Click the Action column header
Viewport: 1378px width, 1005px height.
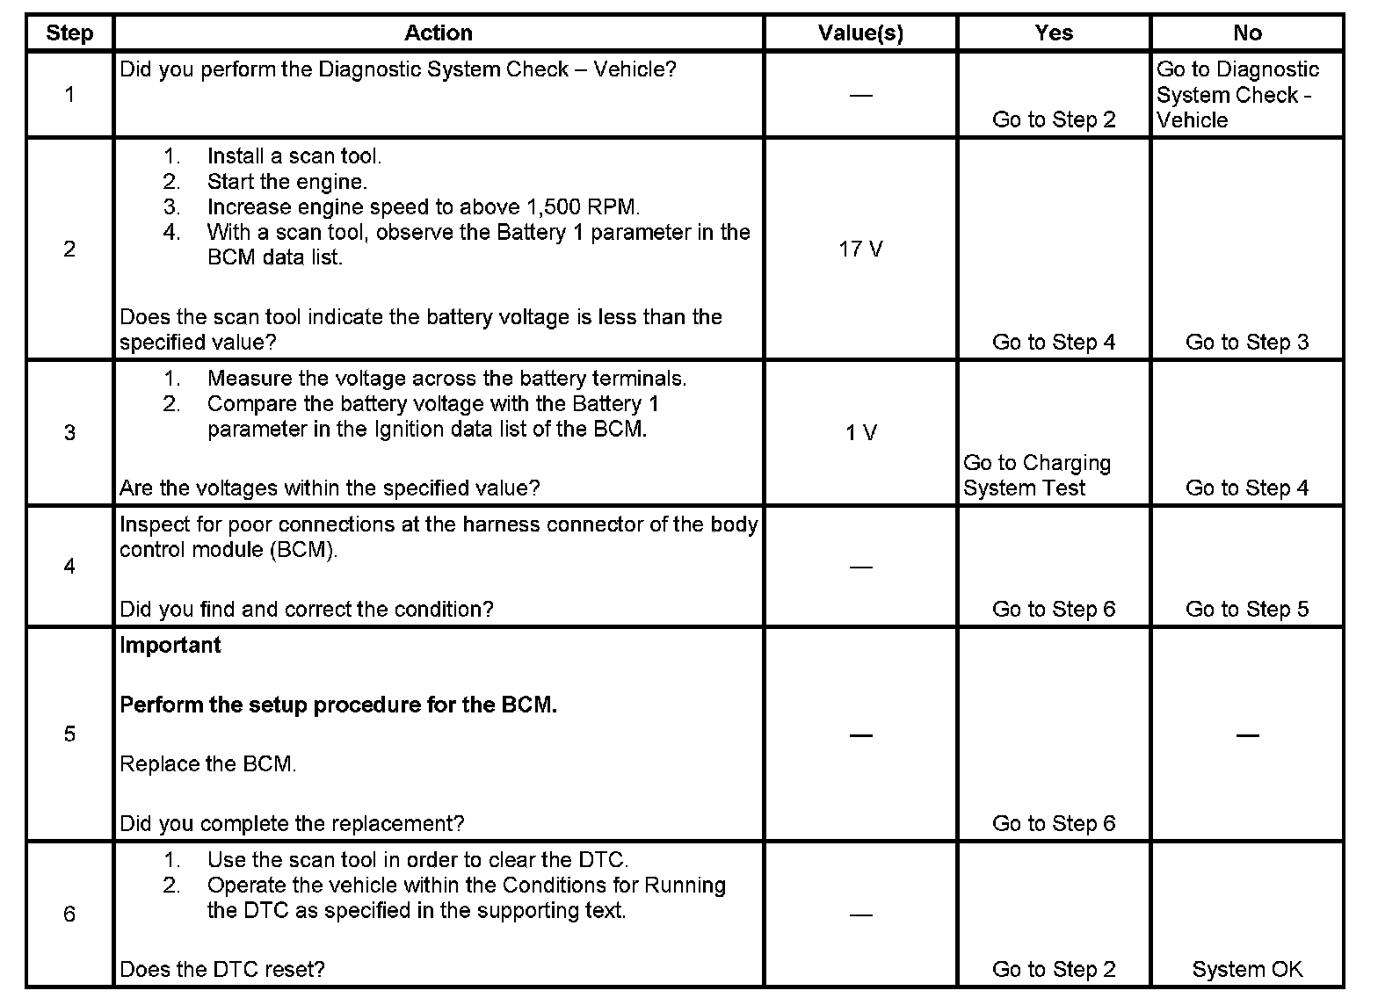coord(438,33)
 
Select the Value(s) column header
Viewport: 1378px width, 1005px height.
coord(860,33)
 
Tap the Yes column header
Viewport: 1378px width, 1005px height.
coord(1054,33)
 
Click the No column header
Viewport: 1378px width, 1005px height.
coord(1247,33)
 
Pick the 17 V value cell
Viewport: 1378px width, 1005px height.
coord(860,249)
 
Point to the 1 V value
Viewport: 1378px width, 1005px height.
coord(860,433)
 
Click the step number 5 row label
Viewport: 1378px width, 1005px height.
coord(69,734)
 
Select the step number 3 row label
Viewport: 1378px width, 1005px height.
coord(69,433)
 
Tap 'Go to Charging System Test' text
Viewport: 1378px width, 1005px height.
coord(1037,475)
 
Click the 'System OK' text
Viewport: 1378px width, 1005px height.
coord(1247,970)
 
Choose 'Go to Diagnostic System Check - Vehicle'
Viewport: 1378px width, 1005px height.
coord(1237,95)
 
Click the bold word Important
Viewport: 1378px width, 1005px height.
coord(170,645)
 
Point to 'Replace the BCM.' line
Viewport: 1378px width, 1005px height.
coord(207,764)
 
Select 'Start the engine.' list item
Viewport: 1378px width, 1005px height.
coord(286,182)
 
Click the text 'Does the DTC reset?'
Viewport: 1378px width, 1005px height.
coord(222,970)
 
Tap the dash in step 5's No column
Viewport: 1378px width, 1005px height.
coord(1247,735)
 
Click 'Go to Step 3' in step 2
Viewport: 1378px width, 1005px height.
coord(1247,343)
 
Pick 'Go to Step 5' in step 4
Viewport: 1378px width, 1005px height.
coord(1247,610)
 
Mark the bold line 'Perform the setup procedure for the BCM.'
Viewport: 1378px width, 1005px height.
coord(338,705)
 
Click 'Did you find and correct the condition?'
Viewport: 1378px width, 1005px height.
coord(306,610)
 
